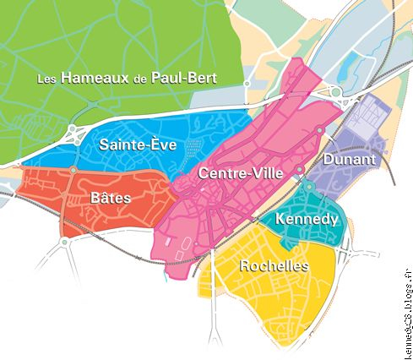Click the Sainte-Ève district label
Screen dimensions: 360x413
pos(138,145)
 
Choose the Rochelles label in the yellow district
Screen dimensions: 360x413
pos(274,265)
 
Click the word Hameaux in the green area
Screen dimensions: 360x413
pos(92,78)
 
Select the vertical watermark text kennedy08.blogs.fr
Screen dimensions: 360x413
pos(407,300)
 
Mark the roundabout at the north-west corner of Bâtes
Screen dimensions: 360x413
pos(73,171)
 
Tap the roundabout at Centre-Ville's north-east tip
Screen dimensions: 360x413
pos(319,129)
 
